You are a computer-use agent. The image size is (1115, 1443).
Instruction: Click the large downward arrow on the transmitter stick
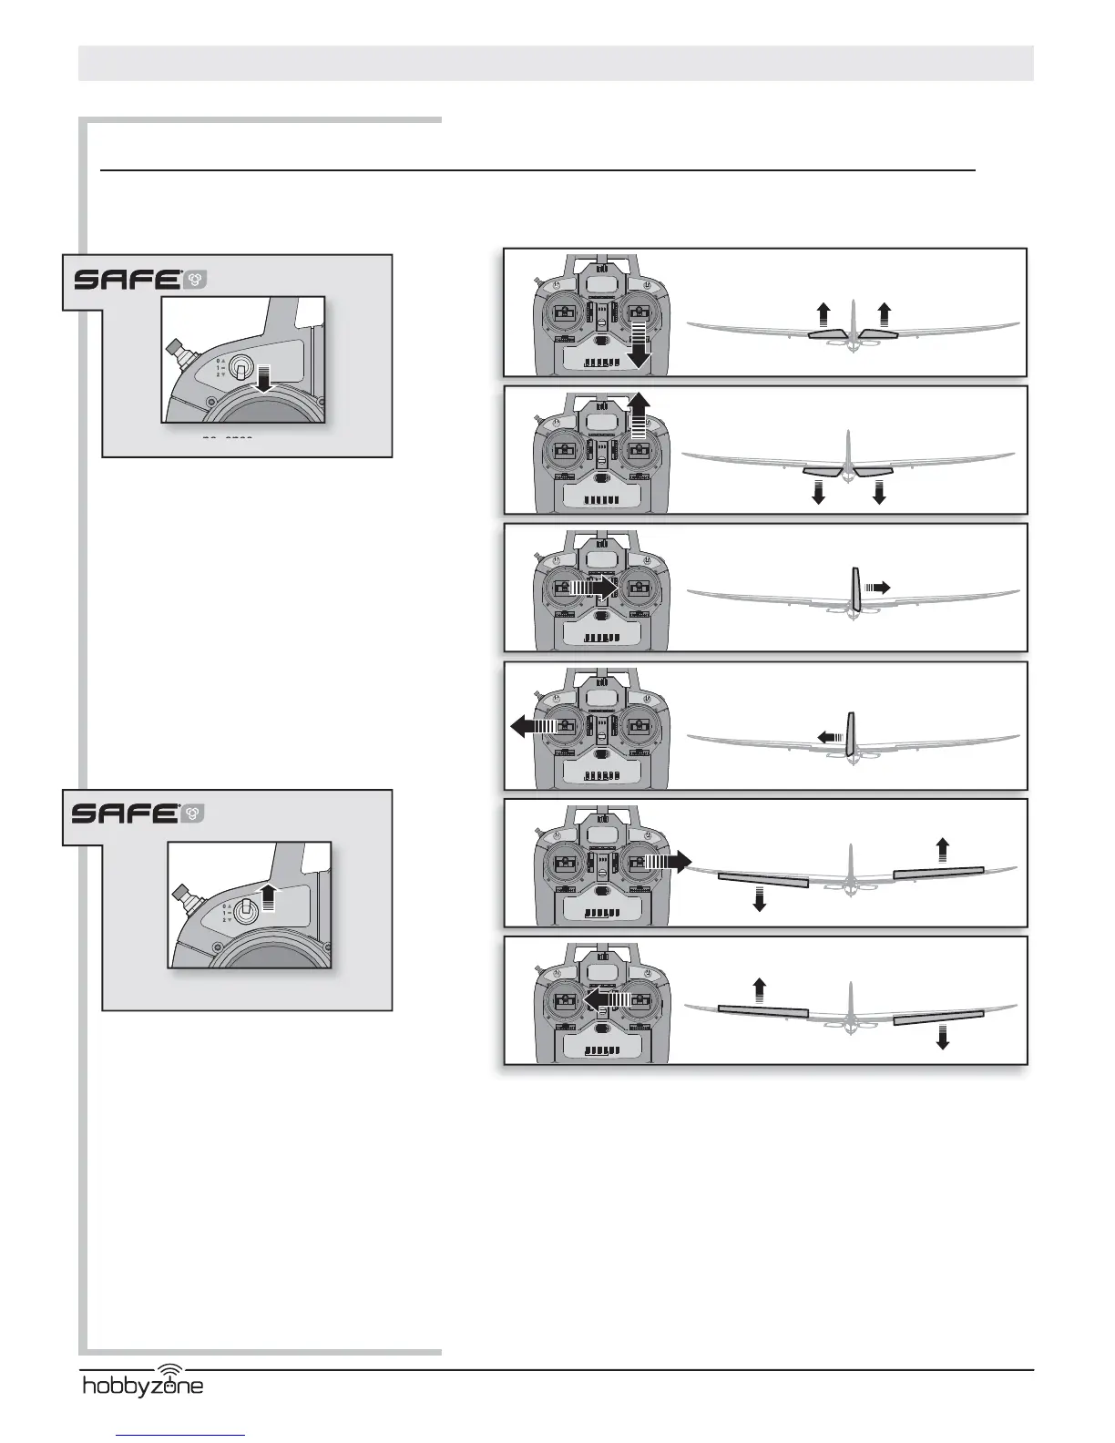pos(640,344)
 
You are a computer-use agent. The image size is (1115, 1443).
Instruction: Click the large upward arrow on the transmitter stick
pos(639,417)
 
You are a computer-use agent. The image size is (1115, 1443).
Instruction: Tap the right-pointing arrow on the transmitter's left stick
pos(593,588)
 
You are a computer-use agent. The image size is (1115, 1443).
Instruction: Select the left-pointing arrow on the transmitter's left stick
pos(532,726)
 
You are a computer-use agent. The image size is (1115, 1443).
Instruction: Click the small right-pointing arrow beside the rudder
pos(876,588)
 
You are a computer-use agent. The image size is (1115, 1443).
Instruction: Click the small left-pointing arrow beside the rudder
pos(829,736)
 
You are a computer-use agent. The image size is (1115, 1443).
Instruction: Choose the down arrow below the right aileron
pos(943,1037)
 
